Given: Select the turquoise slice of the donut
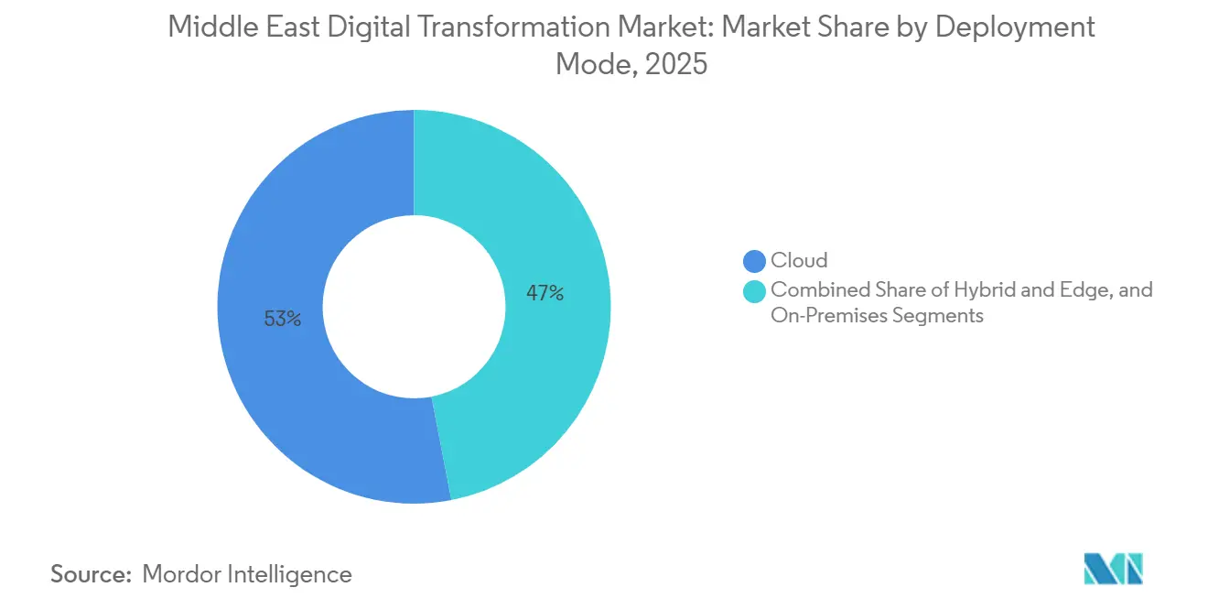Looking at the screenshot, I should [x=549, y=229].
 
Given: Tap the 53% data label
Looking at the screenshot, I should [x=282, y=320].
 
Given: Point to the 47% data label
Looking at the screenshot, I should [x=545, y=294].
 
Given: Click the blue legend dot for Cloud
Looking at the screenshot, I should [x=755, y=262].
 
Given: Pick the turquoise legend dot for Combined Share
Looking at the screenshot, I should [x=755, y=291].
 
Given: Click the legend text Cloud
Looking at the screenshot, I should [x=799, y=262].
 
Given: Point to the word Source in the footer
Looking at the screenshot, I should [x=89, y=574].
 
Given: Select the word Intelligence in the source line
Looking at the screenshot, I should [x=294, y=574].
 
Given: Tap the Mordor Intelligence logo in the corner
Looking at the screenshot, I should [x=1113, y=569].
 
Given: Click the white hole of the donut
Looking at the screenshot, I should [x=414, y=307].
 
